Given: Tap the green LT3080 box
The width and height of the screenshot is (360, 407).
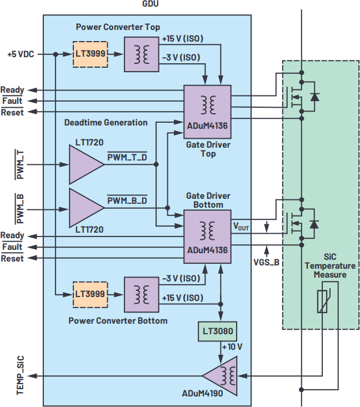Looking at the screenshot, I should [218, 332].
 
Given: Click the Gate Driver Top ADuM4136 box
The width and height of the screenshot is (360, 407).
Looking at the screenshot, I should [208, 111].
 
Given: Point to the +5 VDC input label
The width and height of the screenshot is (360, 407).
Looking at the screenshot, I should [21, 54].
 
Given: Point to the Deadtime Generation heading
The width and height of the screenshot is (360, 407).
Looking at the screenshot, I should [106, 122].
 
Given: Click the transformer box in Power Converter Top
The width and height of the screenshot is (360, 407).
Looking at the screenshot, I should [140, 54].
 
